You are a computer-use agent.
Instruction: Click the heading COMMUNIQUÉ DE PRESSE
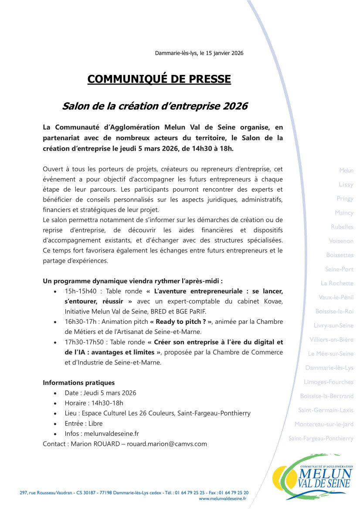159,79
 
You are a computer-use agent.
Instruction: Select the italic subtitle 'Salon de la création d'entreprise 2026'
155,106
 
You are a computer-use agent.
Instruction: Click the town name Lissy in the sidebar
346,185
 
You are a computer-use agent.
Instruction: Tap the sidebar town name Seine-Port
339,269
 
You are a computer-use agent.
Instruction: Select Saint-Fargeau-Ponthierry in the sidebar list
321,438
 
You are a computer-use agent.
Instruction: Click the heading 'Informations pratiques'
78,383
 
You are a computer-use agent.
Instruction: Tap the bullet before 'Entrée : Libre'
54,424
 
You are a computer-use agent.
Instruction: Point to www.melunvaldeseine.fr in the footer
222,498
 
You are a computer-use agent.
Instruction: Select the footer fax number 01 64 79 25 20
235,492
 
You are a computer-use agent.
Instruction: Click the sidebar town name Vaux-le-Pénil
336,297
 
